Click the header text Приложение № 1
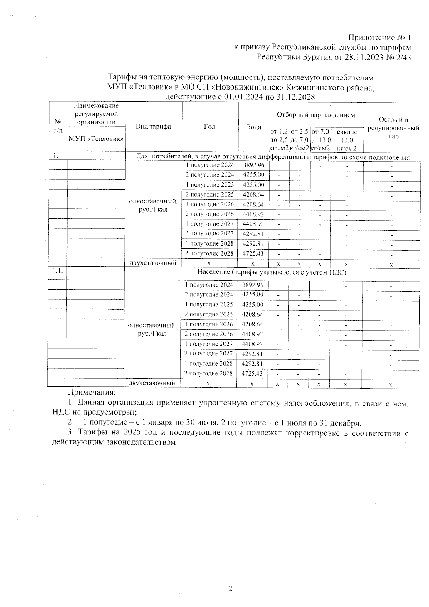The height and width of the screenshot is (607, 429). tap(380, 38)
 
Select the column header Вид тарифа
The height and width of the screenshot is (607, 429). tap(153, 127)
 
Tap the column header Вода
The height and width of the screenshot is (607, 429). tap(254, 127)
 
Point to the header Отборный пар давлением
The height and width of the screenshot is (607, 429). tap(316, 115)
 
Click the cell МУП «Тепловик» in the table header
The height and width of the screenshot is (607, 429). tap(97, 138)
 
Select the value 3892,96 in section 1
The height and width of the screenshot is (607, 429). tap(253, 165)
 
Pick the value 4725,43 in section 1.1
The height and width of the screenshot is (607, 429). tap(252, 374)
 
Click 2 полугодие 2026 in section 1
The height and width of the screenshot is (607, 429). tap(209, 214)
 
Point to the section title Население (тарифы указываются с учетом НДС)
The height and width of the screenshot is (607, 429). tap(272, 272)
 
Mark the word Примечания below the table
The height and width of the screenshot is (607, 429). tap(92, 393)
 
